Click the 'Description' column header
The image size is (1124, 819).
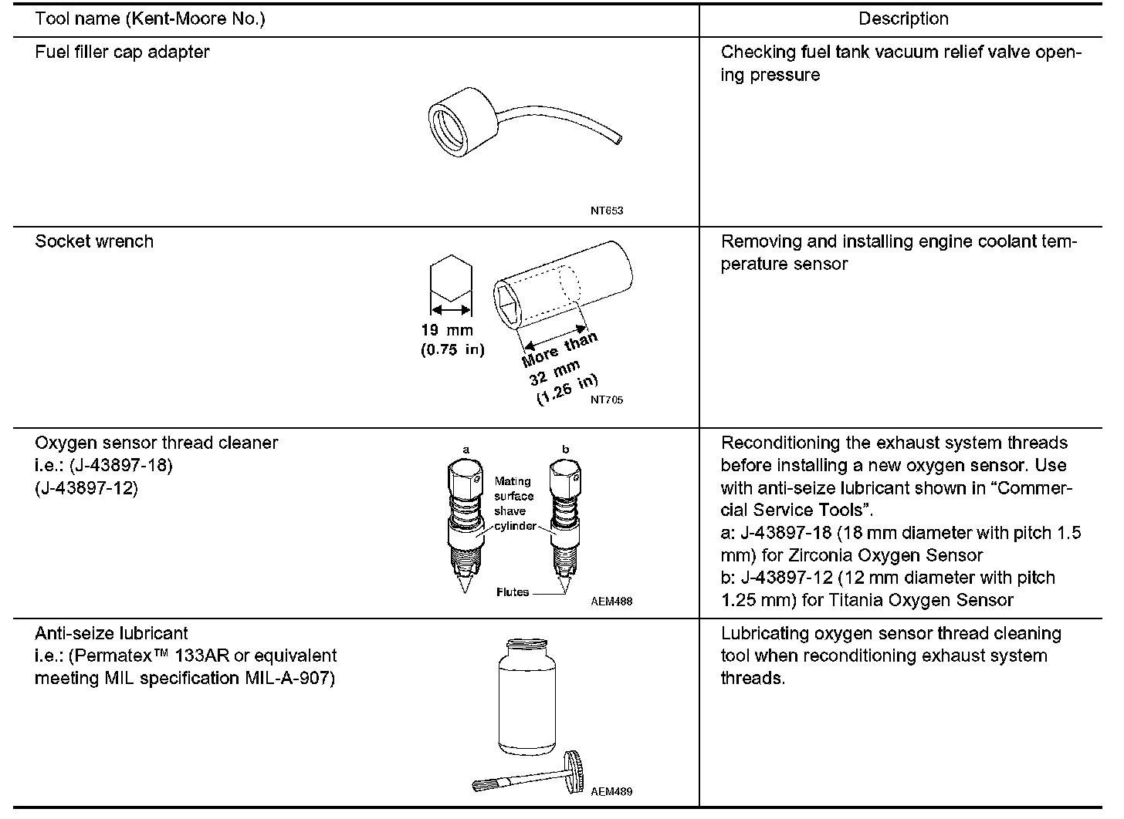pyautogui.click(x=903, y=19)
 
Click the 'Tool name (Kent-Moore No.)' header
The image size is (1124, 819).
pyautogui.click(x=150, y=19)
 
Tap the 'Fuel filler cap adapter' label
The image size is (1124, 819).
pyautogui.click(x=122, y=52)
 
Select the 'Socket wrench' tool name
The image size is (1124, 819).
pyautogui.click(x=94, y=241)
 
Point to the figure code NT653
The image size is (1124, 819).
pyautogui.click(x=607, y=211)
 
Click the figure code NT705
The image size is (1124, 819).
pyautogui.click(x=607, y=399)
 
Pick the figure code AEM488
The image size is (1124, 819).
pyautogui.click(x=614, y=602)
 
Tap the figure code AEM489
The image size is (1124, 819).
pyautogui.click(x=614, y=791)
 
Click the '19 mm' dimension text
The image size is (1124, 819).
pyautogui.click(x=447, y=330)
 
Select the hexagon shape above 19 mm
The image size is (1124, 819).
pyautogui.click(x=449, y=277)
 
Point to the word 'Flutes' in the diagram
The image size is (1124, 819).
pyautogui.click(x=513, y=592)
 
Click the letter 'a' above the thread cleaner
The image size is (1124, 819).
pyautogui.click(x=466, y=449)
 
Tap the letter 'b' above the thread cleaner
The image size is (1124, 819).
pyautogui.click(x=565, y=449)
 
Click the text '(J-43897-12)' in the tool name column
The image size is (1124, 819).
pyautogui.click(x=86, y=488)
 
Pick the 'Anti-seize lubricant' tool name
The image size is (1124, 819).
pyautogui.click(x=111, y=634)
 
